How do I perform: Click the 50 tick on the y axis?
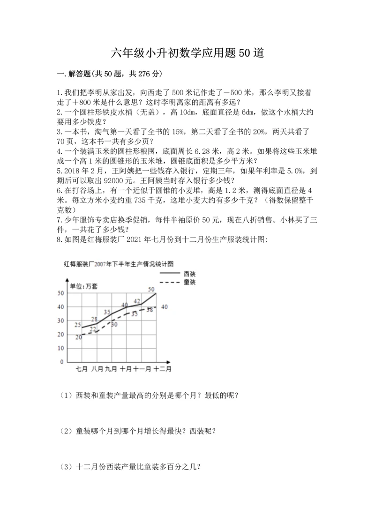[60, 293]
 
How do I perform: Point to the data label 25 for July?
[78, 325]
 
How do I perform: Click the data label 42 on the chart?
[137, 301]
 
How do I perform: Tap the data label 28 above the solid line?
[94, 319]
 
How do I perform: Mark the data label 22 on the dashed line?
[93, 329]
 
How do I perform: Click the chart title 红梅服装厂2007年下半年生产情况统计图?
[121, 264]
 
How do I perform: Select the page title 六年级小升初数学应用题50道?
[187, 52]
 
